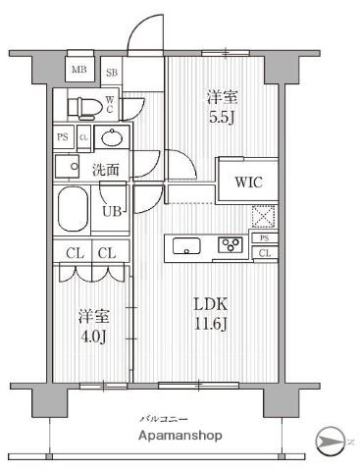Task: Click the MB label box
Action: (x=79, y=70)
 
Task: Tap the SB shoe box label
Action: (x=112, y=72)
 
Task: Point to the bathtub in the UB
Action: (x=74, y=208)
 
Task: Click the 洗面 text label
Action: (x=106, y=169)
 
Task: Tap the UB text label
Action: (x=112, y=210)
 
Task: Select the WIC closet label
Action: (x=247, y=183)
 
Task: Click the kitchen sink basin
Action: (x=187, y=246)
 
